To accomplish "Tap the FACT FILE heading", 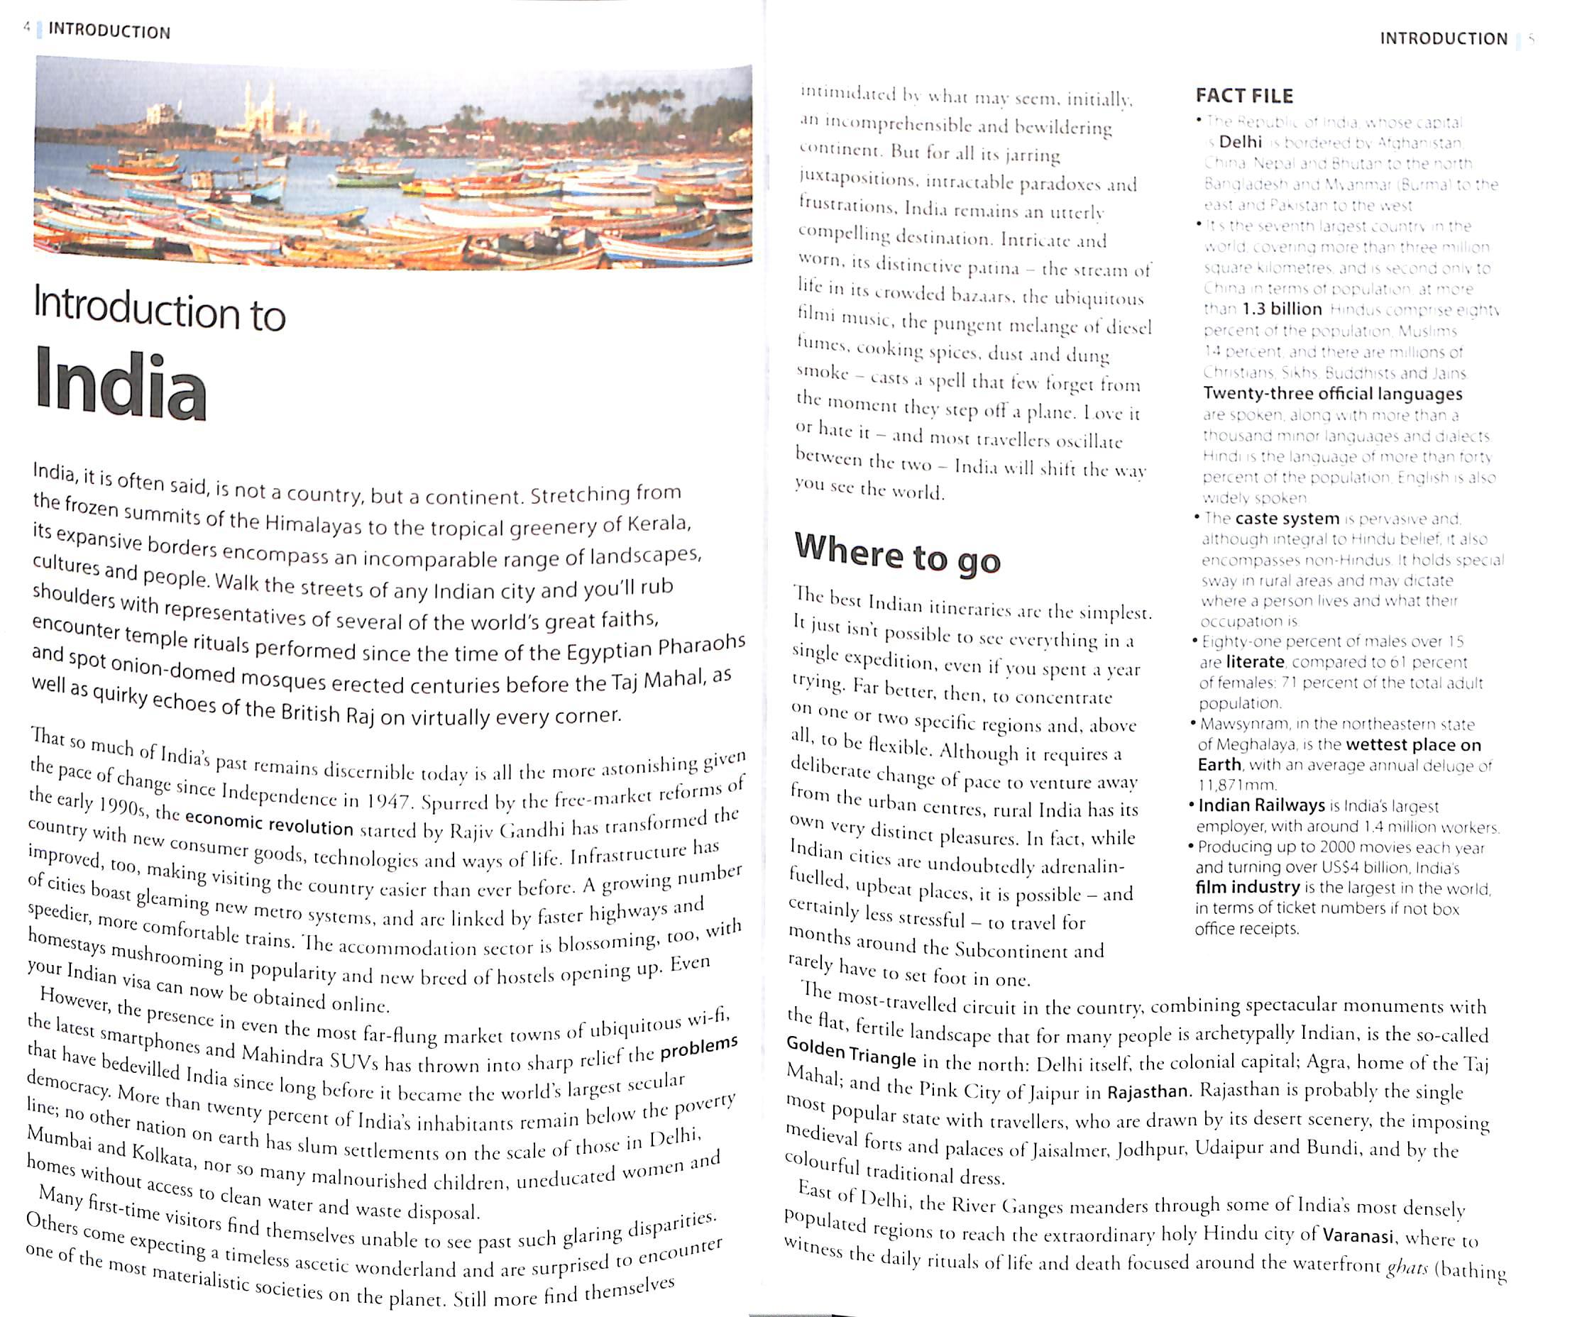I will pos(1243,96).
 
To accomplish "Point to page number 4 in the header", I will pos(27,28).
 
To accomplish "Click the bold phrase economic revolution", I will pos(269,822).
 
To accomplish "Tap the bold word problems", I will pos(698,1047).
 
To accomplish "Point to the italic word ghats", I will pos(1407,1267).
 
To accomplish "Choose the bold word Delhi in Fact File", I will pos(1240,142).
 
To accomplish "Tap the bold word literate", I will pos(1254,662).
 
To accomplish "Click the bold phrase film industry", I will pos(1247,887).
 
